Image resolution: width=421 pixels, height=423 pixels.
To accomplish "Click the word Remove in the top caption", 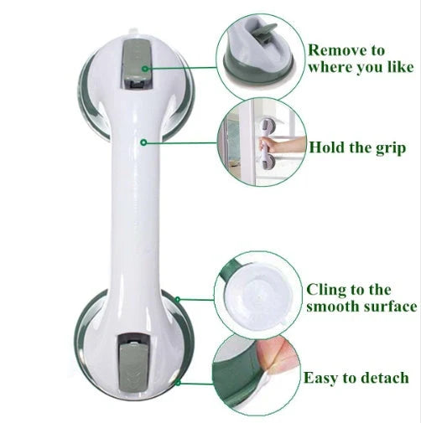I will click(x=332, y=50).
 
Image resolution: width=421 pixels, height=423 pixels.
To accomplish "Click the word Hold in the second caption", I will click(x=328, y=148).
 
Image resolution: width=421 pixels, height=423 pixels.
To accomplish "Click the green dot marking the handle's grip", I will click(x=145, y=142).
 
